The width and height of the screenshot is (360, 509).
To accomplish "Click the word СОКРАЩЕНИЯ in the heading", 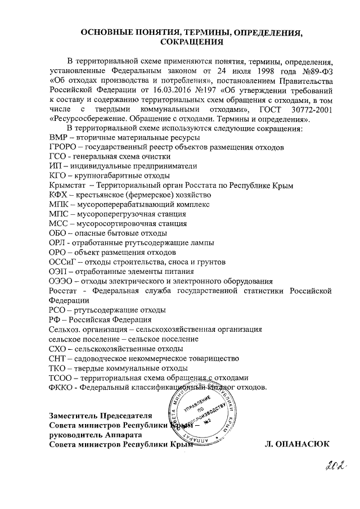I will click(192, 42).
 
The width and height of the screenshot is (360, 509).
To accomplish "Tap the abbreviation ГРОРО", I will click(65, 147).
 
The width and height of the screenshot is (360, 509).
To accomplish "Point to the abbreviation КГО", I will click(58, 177).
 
